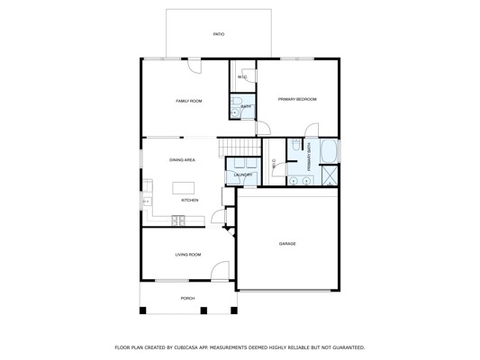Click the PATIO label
pyautogui.click(x=219, y=34)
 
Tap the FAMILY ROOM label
pyautogui.click(x=188, y=101)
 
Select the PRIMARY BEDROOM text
pyautogui.click(x=297, y=99)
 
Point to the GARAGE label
pyautogui.click(x=287, y=244)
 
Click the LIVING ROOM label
pyautogui.click(x=188, y=255)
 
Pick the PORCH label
pyautogui.click(x=187, y=298)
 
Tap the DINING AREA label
pyautogui.click(x=182, y=160)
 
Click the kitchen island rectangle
pyautogui.click(x=184, y=188)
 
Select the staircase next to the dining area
pyautogui.click(x=239, y=148)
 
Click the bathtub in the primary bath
pyautogui.click(x=329, y=151)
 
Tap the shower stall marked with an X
pyautogui.click(x=330, y=175)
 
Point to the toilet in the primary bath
pyautogui.click(x=295, y=144)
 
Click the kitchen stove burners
pyautogui.click(x=178, y=220)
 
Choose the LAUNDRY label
pyautogui.click(x=243, y=175)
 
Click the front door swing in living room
pyautogui.click(x=220, y=270)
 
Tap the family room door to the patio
pyautogui.click(x=195, y=66)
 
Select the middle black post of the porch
pyautogui.click(x=204, y=310)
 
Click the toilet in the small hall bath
pyautogui.click(x=236, y=100)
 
